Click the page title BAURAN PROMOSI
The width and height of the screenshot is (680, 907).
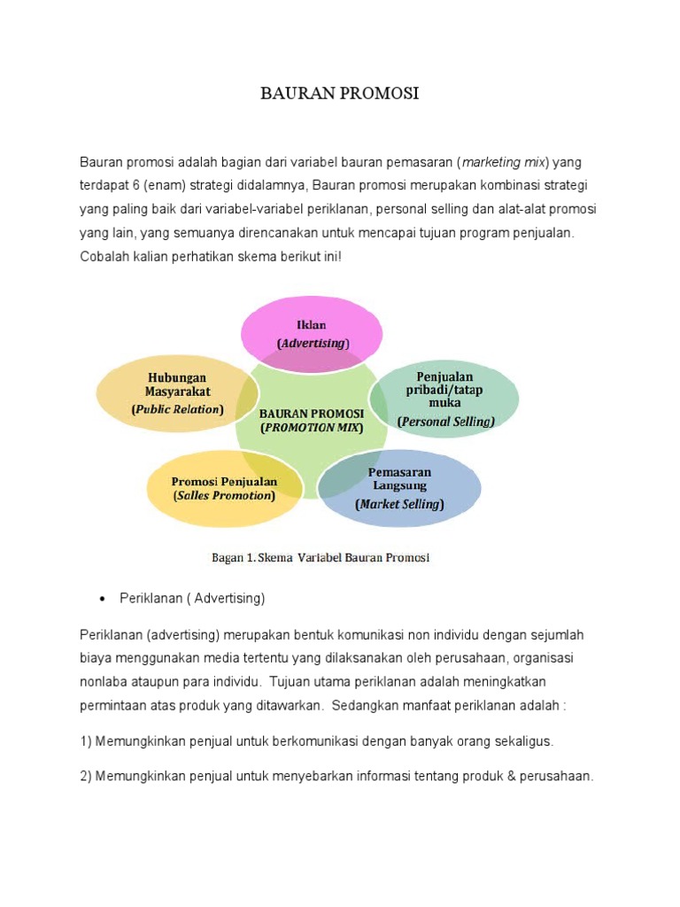[339, 94]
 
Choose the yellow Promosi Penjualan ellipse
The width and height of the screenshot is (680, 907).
[224, 487]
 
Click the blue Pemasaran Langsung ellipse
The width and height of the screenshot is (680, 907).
[400, 487]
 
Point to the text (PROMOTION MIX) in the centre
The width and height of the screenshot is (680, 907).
[312, 427]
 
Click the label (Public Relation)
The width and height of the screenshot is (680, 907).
[177, 409]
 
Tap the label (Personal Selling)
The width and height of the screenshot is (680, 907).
[445, 422]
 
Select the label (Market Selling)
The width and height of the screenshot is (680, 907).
[399, 504]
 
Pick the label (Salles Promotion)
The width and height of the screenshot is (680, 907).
[224, 495]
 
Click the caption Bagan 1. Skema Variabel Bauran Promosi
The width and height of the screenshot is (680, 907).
[320, 558]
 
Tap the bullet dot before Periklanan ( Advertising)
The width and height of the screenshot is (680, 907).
[102, 599]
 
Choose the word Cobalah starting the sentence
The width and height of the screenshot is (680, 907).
[104, 255]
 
